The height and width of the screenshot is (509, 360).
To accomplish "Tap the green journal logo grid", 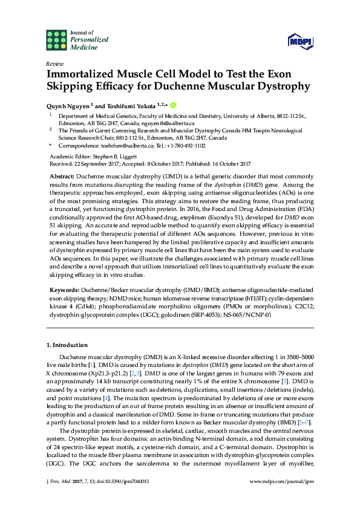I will click(x=56, y=40).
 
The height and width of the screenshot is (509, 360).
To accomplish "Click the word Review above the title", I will click(x=54, y=63).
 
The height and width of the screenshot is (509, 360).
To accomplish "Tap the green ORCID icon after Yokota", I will click(x=172, y=104).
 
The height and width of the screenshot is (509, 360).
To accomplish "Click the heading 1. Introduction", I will click(x=67, y=345).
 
